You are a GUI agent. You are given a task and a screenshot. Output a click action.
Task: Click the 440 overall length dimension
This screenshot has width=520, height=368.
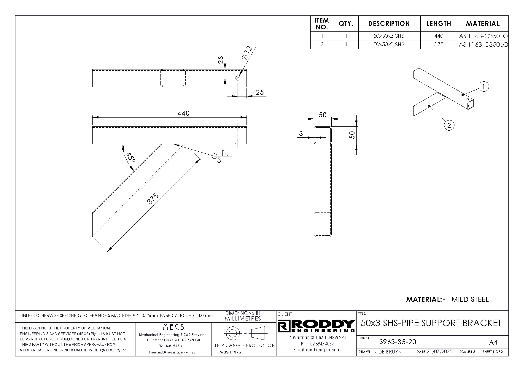(x=183, y=113)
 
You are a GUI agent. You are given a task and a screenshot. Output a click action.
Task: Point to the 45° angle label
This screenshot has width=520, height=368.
(x=131, y=157)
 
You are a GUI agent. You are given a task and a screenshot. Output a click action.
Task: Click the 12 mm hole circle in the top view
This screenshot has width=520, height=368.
(x=238, y=78)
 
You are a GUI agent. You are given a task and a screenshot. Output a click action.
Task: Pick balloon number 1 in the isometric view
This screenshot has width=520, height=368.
(x=484, y=87)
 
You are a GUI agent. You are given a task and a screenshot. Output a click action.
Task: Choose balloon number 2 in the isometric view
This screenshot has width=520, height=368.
(x=449, y=126)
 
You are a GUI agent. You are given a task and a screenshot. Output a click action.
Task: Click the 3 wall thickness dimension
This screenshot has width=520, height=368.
(x=301, y=134)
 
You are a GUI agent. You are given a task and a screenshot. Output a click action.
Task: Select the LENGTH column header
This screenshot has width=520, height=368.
(x=439, y=24)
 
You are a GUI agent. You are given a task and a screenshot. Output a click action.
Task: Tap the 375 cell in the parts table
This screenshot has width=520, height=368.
(x=439, y=45)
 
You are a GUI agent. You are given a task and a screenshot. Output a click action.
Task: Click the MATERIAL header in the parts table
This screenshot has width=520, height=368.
(x=483, y=24)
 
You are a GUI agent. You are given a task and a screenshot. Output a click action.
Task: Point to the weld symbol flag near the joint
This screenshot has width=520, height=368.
(x=226, y=153)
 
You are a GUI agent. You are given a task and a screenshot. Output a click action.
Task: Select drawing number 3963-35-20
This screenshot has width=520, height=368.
(x=397, y=342)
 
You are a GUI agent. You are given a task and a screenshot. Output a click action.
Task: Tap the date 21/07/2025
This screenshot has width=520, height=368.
(x=439, y=352)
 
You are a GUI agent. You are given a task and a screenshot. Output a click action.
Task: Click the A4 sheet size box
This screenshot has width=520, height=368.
(x=493, y=342)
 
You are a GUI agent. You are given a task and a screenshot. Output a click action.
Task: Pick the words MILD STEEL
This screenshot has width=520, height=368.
(x=470, y=299)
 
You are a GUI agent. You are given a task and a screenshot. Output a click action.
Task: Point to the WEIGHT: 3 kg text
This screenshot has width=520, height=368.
(x=230, y=352)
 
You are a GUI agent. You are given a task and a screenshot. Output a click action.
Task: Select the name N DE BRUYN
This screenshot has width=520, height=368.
(x=387, y=352)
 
